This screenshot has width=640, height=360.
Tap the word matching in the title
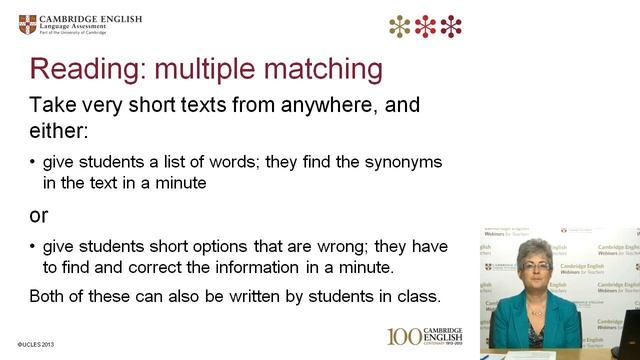coord(324,69)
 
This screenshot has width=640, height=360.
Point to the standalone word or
coord(39,215)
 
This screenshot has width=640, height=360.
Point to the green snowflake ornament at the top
coord(401,26)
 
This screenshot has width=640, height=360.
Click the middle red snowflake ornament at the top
coord(427,26)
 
